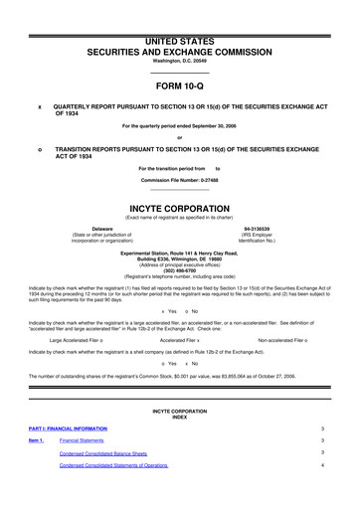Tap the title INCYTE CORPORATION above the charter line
click(x=179, y=182)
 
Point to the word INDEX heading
click(x=179, y=417)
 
